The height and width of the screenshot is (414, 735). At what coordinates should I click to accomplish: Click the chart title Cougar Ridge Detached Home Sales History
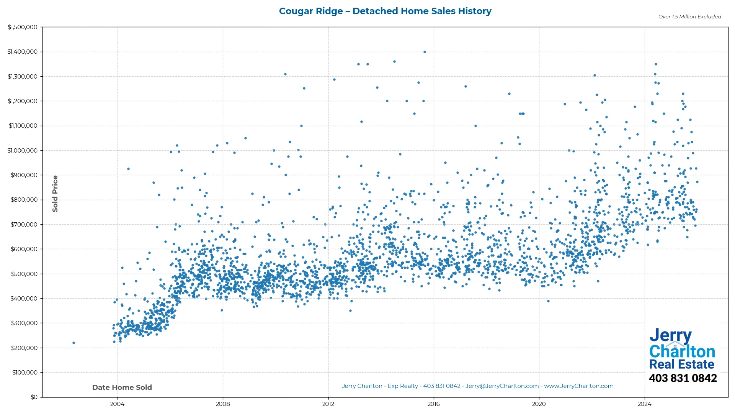pyautogui.click(x=385, y=11)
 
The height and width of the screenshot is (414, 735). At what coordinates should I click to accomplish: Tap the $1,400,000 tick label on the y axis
pyautogui.click(x=22, y=52)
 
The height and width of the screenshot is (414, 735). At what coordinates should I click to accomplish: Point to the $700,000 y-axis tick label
pyautogui.click(x=24, y=224)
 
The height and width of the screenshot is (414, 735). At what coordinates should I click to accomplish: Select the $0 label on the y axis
pyautogui.click(x=34, y=397)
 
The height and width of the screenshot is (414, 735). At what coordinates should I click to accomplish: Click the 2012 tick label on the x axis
pyautogui.click(x=328, y=404)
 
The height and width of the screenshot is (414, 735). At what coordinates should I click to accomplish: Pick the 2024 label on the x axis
pyautogui.click(x=645, y=404)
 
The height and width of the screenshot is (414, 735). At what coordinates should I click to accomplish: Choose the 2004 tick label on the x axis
pyautogui.click(x=117, y=404)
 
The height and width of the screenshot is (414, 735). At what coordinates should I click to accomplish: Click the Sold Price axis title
pyautogui.click(x=55, y=194)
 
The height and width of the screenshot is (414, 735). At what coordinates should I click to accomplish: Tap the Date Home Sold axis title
pyautogui.click(x=122, y=387)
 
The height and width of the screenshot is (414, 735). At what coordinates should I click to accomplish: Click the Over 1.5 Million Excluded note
pyautogui.click(x=689, y=16)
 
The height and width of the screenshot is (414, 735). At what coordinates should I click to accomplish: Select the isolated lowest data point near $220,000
pyautogui.click(x=74, y=343)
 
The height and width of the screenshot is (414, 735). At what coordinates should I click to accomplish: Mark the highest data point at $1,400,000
pyautogui.click(x=425, y=52)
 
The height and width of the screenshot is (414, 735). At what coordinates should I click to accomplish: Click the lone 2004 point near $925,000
pyautogui.click(x=128, y=169)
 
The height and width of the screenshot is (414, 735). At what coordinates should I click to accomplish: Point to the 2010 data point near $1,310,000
pyautogui.click(x=285, y=74)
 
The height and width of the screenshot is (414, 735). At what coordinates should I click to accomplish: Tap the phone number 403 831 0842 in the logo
pyautogui.click(x=683, y=378)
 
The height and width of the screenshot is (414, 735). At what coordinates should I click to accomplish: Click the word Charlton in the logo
pyautogui.click(x=682, y=352)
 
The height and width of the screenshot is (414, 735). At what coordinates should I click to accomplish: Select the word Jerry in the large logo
pyautogui.click(x=670, y=335)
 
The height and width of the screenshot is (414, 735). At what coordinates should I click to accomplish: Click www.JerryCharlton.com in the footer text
pyautogui.click(x=579, y=386)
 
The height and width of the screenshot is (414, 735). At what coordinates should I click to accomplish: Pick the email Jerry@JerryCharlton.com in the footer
pyautogui.click(x=502, y=386)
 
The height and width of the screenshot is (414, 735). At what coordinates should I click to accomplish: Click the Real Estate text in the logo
pyautogui.click(x=681, y=364)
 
